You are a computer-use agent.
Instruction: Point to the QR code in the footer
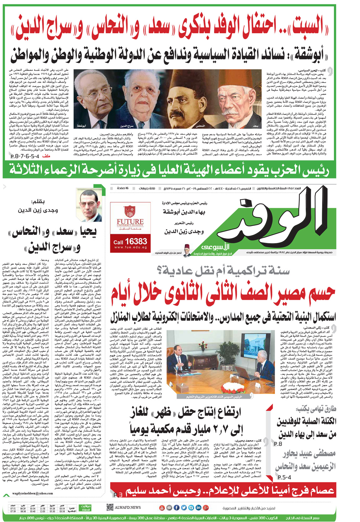[110, 507]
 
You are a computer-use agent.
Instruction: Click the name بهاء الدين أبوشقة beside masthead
[184, 212]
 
